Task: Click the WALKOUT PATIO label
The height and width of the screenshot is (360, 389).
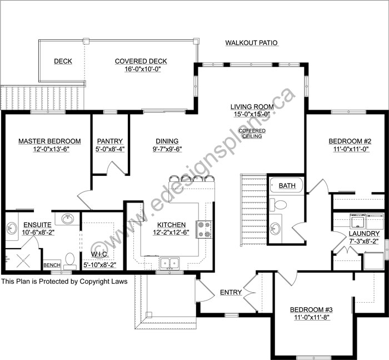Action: pos(251,43)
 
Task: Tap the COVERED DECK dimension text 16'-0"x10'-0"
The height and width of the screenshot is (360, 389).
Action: pos(143,69)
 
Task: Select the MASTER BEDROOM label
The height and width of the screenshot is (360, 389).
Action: pos(49,141)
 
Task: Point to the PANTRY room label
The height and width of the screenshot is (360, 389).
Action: pos(110,141)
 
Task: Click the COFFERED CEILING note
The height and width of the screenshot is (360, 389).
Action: pos(252,134)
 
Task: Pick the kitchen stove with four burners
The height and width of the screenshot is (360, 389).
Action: pos(204,229)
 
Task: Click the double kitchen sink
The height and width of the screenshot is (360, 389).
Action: pos(169,263)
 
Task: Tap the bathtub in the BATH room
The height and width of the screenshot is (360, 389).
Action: pos(286,186)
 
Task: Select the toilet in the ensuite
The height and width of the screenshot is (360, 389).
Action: pos(69,261)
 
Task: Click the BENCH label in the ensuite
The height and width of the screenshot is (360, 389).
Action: pos(52,265)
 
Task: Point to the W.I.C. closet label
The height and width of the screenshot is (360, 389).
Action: pos(99,254)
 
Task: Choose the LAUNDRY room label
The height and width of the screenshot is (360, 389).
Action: pos(364,234)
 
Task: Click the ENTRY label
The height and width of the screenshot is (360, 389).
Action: pos(231,292)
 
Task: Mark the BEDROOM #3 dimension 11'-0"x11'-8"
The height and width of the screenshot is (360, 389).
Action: pos(311,318)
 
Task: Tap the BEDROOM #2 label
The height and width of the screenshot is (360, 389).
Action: pos(350,141)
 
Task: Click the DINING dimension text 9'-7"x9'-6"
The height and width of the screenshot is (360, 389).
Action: pos(167,149)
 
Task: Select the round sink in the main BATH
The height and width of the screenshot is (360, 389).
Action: pos(275,228)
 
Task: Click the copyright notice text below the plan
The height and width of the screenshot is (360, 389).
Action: pos(64,281)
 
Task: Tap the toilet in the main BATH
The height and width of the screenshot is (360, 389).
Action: pos(278,205)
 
